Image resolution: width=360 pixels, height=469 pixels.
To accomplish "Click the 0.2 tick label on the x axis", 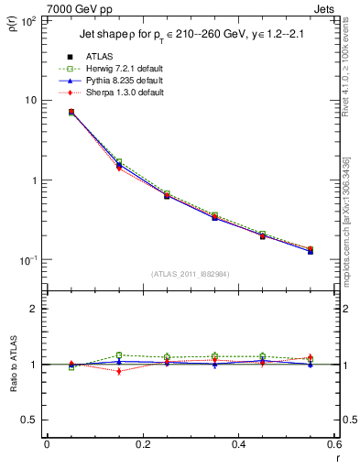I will [x=142, y=445].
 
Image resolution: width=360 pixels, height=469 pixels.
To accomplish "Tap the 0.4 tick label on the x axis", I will [x=238, y=445].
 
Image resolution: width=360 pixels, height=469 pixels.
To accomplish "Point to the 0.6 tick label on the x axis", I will [x=333, y=445].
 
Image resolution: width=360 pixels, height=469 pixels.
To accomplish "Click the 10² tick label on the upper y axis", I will [x=29, y=20].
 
